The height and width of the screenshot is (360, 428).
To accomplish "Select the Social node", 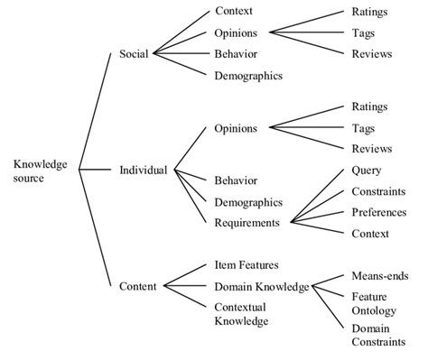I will [134, 54].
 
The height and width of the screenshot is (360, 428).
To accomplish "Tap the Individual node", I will [143, 170].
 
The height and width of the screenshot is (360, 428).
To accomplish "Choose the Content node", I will [138, 286].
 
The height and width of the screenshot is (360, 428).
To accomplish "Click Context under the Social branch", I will [234, 12].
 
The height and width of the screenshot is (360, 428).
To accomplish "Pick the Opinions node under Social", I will [237, 32].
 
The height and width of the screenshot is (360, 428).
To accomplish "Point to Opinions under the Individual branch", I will [237, 128].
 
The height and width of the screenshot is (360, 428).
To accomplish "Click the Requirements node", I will [247, 221].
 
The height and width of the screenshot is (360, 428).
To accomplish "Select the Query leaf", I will [366, 170].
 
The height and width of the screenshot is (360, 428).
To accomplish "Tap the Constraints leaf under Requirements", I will [377, 191].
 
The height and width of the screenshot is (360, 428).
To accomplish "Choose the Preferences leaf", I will [378, 213].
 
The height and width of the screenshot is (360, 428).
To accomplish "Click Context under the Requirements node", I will [370, 234].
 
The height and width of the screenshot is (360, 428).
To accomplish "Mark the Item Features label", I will [246, 264].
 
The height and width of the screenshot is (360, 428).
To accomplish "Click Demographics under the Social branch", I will [248, 76].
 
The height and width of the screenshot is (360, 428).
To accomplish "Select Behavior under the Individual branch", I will [236, 180].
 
